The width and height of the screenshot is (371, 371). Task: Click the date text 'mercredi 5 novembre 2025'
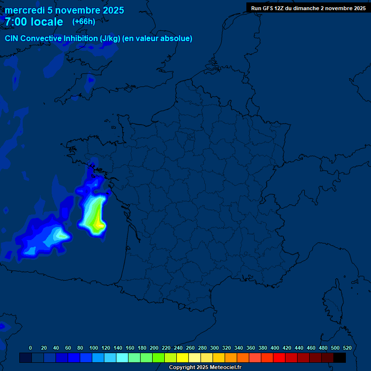[x=64, y=10]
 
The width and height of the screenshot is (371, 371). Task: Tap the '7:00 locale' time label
[x=34, y=22]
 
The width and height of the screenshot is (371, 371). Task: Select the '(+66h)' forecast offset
[x=84, y=21]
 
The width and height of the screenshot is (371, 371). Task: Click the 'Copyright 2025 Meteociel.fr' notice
[x=205, y=367]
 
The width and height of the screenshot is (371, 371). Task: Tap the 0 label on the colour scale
[x=30, y=348]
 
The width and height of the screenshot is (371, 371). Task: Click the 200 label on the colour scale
[x=154, y=348]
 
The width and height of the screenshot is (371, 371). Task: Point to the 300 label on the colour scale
[x=214, y=348]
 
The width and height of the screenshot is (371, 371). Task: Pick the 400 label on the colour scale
[x=275, y=348]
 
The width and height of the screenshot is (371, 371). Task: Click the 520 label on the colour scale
[x=347, y=348]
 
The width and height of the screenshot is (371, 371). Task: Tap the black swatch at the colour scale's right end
[x=340, y=357]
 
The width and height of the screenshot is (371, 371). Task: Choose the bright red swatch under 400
[x=279, y=357]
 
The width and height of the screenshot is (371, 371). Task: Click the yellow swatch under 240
[x=183, y=357]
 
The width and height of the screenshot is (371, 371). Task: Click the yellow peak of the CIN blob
[x=100, y=224]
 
